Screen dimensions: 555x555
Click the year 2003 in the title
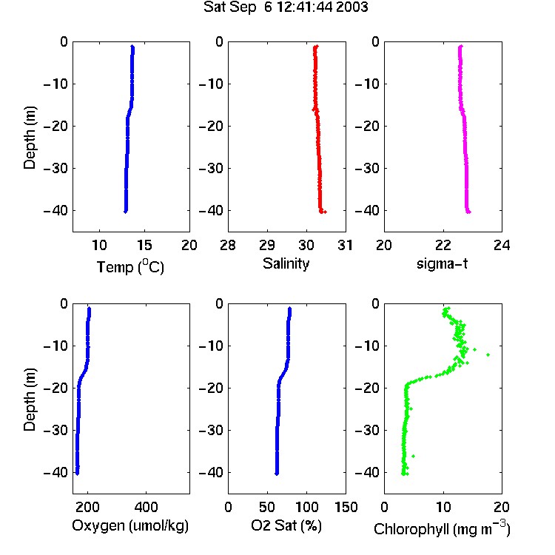351,7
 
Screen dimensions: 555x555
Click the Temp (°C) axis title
130,266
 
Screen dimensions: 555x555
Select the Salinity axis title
286,264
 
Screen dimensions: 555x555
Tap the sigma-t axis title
442,263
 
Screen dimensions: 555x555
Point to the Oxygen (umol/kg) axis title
130,526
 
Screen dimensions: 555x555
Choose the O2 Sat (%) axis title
286,525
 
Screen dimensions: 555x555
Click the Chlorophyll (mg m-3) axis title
442,528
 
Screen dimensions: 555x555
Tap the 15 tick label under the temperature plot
144,245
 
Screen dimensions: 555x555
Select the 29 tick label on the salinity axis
267,245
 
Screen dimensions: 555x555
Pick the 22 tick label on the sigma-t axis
443,245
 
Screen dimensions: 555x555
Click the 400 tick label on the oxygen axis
147,507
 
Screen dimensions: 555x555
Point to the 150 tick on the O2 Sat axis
346,507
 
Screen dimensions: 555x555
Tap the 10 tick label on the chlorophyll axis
443,507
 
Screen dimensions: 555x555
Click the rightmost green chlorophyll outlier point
488,354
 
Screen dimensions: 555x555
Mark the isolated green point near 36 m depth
413,457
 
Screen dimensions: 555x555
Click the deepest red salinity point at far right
326,212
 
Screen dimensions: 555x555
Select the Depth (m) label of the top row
30,138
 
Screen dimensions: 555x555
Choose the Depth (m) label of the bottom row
30,400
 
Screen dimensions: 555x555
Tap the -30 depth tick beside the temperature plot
55,168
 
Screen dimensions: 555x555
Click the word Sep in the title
243,8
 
